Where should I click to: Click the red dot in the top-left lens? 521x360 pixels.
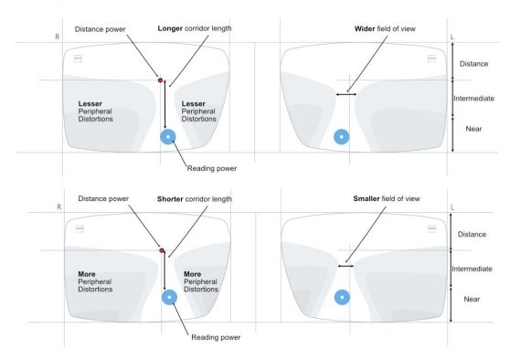tap(161, 80)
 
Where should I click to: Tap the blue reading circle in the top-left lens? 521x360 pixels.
tap(167, 137)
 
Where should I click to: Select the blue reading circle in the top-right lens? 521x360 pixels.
tap(341, 137)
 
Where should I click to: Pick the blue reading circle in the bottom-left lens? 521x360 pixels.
tap(168, 298)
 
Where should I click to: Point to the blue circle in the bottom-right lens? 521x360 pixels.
tap(341, 297)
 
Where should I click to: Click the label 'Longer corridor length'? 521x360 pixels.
tap(194, 28)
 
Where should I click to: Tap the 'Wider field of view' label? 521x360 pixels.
tap(385, 28)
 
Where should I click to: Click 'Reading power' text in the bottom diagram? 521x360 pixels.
tap(216, 336)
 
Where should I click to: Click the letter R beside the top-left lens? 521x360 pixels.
tap(58, 37)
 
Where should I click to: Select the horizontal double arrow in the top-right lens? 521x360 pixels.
tap(345, 94)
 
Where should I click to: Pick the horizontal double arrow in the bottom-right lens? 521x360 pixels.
tap(345, 266)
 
